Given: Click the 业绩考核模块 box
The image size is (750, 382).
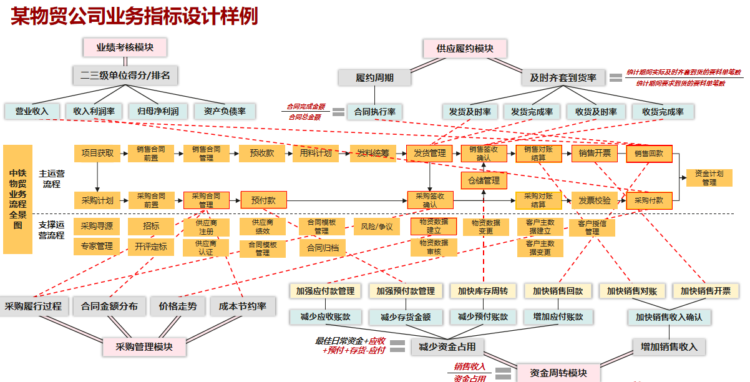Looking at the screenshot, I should pos(125,47).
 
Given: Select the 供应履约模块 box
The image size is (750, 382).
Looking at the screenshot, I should pos(465,49).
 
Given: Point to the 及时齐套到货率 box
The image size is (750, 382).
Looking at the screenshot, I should pos(563,78).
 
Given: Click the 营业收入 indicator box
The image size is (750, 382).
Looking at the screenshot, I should pos(32,111).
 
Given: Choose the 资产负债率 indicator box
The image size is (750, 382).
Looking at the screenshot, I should pos(220,112).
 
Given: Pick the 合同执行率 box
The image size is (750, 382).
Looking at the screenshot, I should pos(374,112).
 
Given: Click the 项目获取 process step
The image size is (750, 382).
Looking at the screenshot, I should pos(97,154).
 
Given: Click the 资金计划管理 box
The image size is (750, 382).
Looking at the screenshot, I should pos(709,178).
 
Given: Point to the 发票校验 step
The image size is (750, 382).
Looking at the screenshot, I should pos(594,200).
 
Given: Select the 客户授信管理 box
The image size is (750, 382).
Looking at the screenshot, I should pos(592,227).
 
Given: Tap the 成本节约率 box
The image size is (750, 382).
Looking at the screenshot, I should pos(242,306).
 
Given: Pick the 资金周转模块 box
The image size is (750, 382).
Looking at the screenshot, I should pos(558,373).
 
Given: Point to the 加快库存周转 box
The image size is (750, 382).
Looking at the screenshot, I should pos(482,291).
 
